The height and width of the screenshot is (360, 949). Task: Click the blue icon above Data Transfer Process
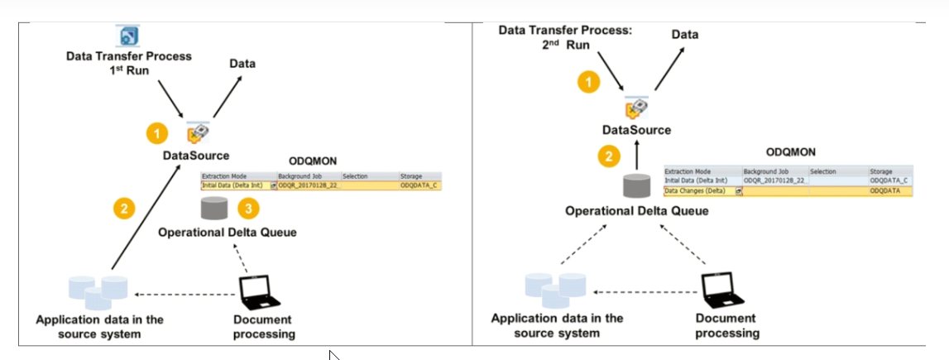[128, 36]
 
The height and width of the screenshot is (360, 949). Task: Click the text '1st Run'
[128, 70]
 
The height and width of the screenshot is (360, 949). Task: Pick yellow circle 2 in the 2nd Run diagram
[609, 156]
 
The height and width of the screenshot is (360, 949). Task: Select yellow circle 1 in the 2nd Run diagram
[588, 83]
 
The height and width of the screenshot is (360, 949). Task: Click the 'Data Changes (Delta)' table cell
[695, 190]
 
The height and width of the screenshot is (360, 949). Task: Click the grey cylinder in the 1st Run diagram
[213, 209]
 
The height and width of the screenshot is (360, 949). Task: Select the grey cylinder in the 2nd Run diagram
[635, 185]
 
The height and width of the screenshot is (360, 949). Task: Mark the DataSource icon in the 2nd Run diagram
[635, 109]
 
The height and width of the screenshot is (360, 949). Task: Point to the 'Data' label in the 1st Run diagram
[242, 64]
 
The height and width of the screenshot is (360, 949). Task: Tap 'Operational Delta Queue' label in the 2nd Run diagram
[636, 211]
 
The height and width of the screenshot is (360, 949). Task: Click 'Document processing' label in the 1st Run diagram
[264, 327]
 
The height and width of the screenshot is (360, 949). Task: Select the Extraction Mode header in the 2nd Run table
[688, 170]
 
